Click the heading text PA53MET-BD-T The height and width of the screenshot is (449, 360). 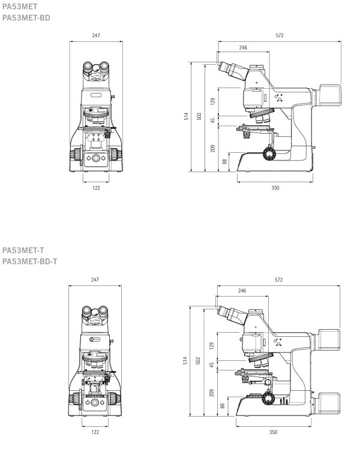[30, 261]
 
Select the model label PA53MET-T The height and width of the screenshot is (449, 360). [23, 250]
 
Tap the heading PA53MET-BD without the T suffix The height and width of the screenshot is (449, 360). [26, 18]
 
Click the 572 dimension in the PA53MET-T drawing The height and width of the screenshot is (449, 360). [279, 280]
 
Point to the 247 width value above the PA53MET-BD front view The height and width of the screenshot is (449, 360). [96, 35]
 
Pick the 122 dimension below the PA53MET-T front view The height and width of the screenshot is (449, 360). [95, 432]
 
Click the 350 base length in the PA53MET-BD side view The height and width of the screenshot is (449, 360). [275, 188]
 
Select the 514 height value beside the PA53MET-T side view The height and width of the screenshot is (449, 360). [185, 360]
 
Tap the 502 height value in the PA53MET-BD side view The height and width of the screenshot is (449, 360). [199, 116]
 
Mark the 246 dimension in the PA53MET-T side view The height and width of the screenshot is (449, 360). [242, 291]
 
